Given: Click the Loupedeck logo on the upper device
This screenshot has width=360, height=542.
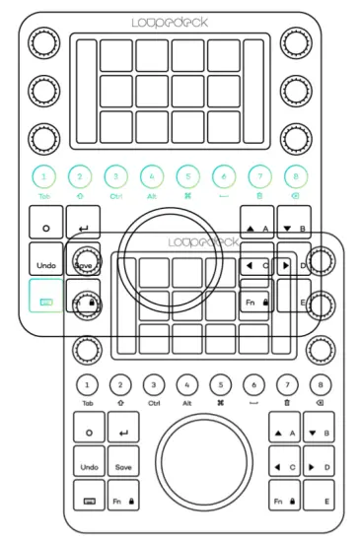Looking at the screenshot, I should [163, 20].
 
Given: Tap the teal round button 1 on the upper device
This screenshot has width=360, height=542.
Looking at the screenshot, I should [44, 177].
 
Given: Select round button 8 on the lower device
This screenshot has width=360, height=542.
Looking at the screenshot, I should [318, 384].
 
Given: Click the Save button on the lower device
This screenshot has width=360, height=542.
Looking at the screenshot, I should [123, 466].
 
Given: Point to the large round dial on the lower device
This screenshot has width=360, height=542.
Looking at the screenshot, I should [203, 467].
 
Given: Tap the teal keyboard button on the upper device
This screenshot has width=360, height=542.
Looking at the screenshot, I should [44, 297].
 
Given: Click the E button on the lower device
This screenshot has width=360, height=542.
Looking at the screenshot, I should [318, 502].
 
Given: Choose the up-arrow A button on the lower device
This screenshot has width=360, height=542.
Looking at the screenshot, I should [284, 433].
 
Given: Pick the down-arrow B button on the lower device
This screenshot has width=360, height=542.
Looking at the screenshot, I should [318, 433].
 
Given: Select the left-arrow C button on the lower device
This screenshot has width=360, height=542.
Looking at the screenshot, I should [284, 466].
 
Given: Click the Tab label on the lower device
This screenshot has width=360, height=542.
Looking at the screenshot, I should [89, 403].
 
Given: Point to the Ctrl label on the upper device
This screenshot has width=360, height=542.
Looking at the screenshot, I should [116, 196].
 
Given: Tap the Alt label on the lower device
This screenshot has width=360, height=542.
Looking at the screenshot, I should [186, 403].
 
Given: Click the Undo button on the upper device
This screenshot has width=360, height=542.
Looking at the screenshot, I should [44, 265].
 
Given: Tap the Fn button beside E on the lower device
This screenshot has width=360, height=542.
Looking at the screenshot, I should [284, 502].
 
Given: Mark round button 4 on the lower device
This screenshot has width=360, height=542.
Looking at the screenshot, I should [186, 384].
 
